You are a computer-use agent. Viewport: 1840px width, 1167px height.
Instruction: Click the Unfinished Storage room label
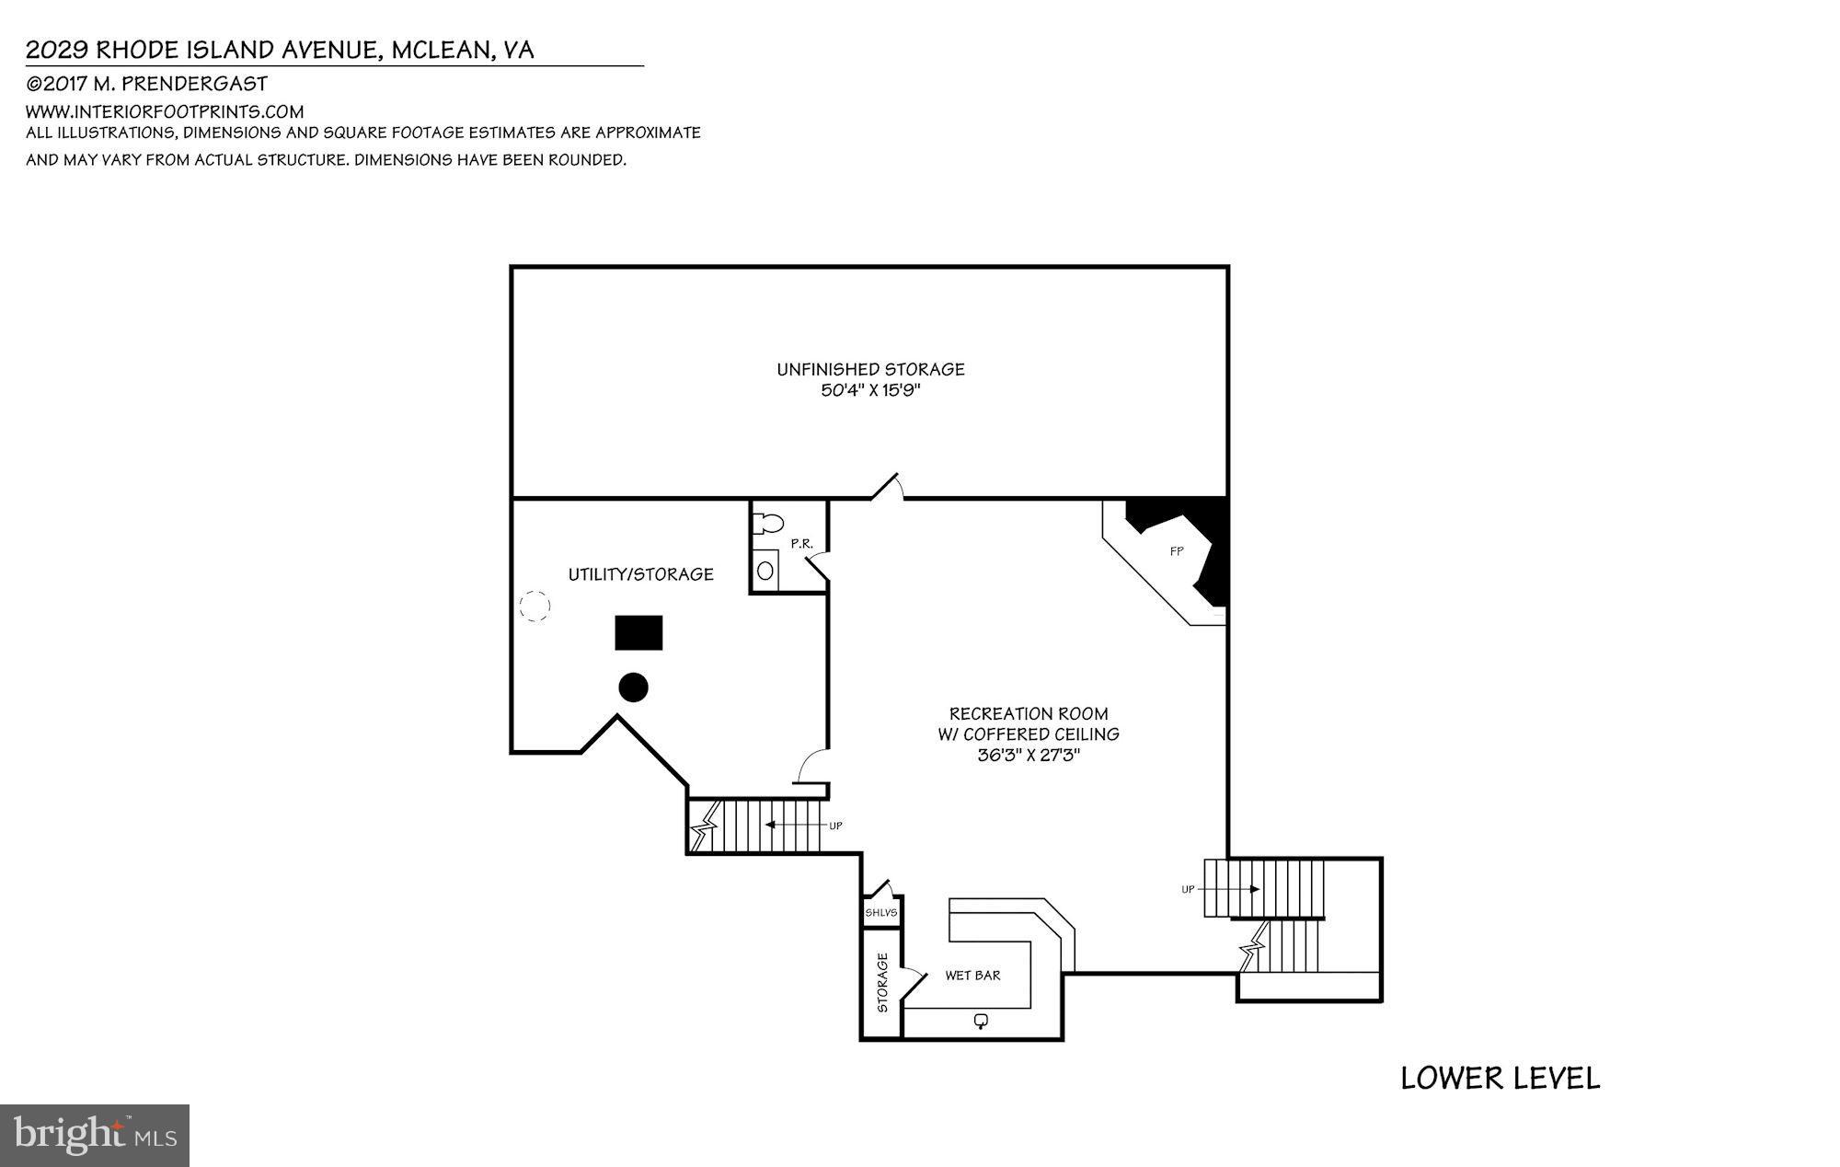click(870, 369)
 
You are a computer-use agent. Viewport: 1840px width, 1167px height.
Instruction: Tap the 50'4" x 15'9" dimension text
click(870, 390)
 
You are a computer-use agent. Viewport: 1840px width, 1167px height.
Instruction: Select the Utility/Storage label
click(640, 574)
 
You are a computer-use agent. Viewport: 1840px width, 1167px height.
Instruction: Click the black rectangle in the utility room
click(638, 633)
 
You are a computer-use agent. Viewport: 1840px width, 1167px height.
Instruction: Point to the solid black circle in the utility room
click(633, 687)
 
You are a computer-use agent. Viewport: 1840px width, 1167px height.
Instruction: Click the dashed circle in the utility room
click(535, 606)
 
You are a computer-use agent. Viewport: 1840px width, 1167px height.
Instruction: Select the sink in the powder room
click(765, 571)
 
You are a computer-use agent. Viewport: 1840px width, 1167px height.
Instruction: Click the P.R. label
click(801, 544)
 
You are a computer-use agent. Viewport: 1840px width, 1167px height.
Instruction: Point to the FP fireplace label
click(1176, 551)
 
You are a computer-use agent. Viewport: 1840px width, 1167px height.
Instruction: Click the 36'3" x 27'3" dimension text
click(1028, 756)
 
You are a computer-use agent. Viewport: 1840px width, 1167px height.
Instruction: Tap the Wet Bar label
click(972, 976)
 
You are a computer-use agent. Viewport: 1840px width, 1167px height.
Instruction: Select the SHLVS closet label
click(880, 913)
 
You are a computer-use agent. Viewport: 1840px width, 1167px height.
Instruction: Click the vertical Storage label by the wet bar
click(882, 982)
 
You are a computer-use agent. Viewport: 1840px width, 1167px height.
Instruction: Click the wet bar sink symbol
click(981, 1021)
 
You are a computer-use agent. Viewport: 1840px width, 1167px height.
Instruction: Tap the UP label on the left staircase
click(835, 826)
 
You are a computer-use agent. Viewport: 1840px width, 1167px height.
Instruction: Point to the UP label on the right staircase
click(1188, 889)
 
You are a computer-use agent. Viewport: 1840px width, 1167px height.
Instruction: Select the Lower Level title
click(1500, 1078)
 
